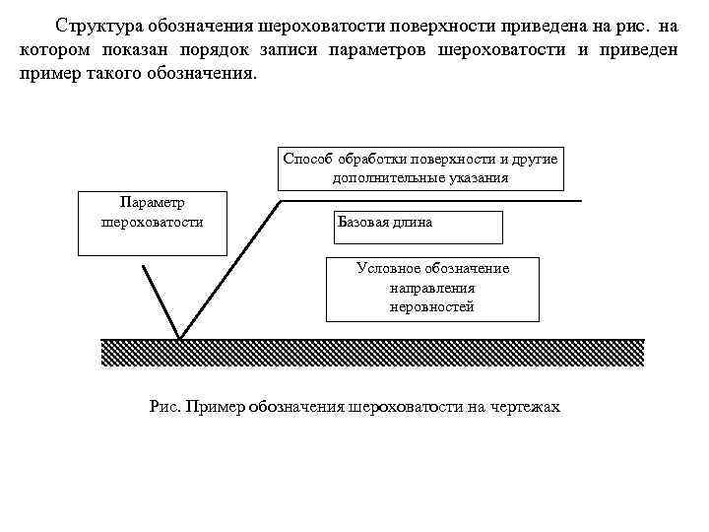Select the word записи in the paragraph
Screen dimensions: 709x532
click(291, 49)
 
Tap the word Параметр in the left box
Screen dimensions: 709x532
click(152, 202)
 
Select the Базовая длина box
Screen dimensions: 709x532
click(419, 226)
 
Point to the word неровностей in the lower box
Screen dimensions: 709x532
click(432, 306)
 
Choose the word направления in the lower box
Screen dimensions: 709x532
click(432, 288)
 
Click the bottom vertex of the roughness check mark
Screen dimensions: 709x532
click(180, 338)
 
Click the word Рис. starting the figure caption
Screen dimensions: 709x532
click(164, 406)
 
